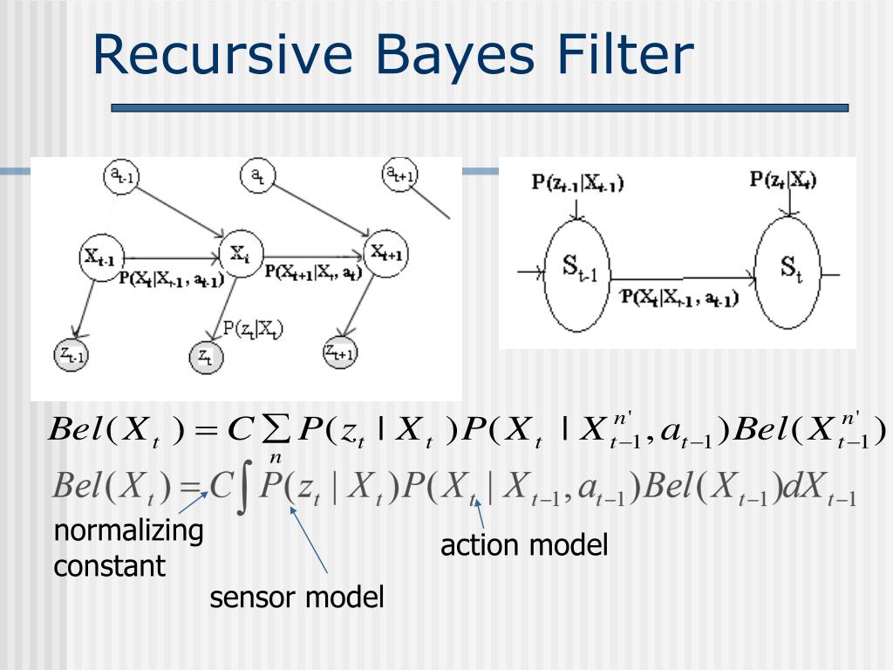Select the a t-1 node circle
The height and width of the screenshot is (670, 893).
click(121, 176)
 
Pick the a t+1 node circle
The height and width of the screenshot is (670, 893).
click(401, 174)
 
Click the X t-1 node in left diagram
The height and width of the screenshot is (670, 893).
click(103, 256)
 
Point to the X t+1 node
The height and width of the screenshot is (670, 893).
click(386, 253)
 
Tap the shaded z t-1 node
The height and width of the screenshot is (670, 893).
click(72, 355)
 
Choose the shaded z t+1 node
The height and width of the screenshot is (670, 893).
click(340, 352)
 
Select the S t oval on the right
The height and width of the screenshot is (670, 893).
click(788, 271)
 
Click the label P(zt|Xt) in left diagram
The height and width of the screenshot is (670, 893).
click(254, 329)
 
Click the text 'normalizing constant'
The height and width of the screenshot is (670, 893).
click(127, 548)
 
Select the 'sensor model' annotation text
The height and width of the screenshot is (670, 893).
click(297, 598)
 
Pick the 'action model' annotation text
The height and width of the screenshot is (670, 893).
click(523, 546)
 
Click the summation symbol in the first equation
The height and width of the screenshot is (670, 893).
click(277, 430)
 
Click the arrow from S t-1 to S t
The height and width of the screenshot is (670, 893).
click(680, 279)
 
